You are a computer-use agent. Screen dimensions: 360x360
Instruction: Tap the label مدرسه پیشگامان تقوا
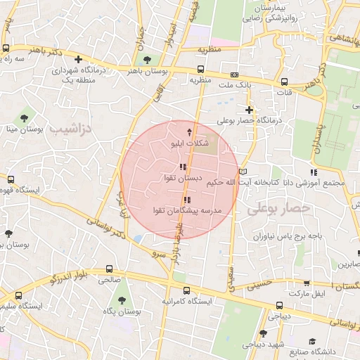click(186, 211)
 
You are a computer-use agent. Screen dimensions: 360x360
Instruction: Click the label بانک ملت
click(233, 85)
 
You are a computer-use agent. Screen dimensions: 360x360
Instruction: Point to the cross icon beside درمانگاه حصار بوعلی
click(248, 110)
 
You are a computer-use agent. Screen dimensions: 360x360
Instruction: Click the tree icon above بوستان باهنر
click(146, 60)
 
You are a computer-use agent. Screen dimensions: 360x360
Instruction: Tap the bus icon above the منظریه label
click(201, 70)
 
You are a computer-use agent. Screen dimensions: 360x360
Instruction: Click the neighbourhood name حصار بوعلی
click(279, 209)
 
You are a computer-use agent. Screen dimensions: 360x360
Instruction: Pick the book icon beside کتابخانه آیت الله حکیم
click(243, 172)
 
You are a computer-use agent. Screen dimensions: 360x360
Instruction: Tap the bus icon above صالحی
click(109, 269)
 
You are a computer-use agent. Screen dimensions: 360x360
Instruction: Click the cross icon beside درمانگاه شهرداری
click(78, 60)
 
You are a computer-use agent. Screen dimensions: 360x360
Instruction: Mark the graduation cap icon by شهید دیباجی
click(263, 333)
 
